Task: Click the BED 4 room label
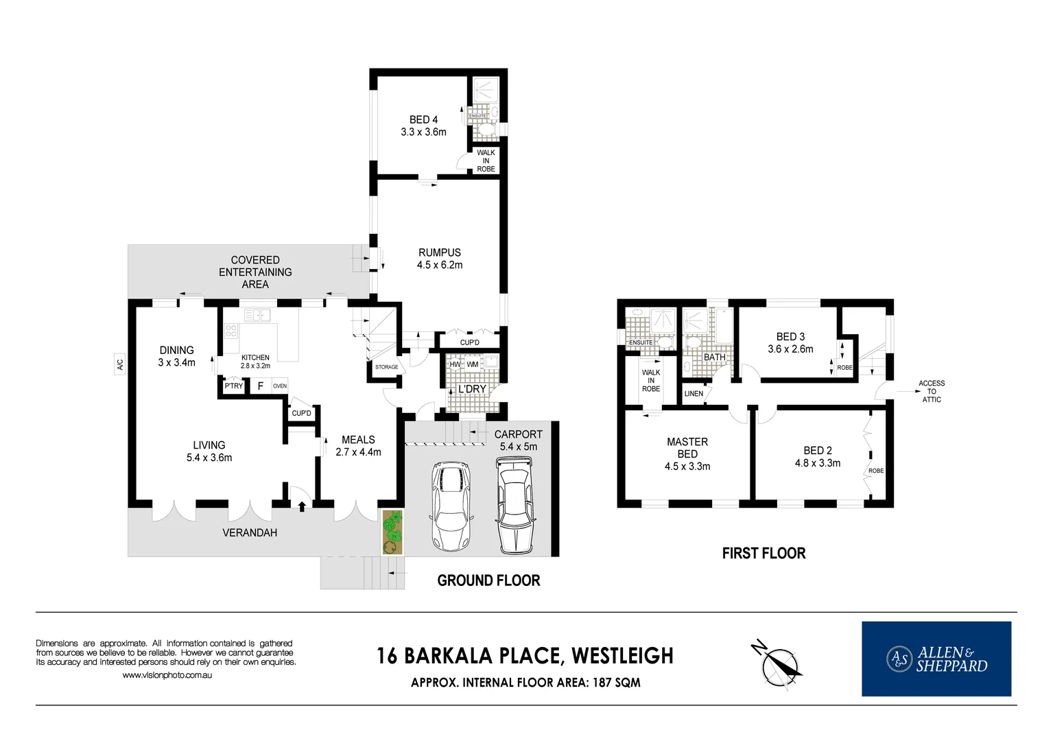click(x=423, y=119)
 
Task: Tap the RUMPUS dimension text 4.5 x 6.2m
click(x=440, y=265)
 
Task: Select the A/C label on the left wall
click(x=120, y=364)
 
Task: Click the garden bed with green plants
click(x=392, y=532)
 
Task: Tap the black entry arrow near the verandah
click(x=302, y=507)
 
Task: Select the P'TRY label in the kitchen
click(x=234, y=386)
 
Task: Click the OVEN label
click(x=280, y=386)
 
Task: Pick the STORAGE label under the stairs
click(x=386, y=367)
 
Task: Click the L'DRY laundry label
click(x=472, y=389)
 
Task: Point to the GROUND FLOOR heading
click(x=488, y=580)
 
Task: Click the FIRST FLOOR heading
click(x=764, y=553)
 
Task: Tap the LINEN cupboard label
click(x=694, y=394)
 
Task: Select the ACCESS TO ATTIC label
click(x=931, y=391)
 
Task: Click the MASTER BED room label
click(x=687, y=448)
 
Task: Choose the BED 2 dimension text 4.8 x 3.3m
click(x=818, y=463)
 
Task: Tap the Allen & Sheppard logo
click(x=936, y=659)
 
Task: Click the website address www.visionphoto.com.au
click(x=167, y=675)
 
